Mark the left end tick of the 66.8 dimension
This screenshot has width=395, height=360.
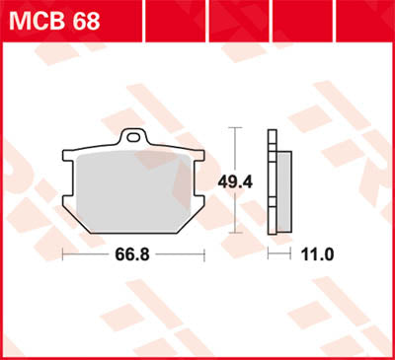click(62, 254)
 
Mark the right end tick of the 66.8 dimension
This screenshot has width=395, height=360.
click(202, 254)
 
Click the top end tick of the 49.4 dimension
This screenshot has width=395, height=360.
click(235, 127)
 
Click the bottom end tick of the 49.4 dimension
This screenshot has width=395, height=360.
click(235, 232)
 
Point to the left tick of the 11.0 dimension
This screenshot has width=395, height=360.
click(270, 254)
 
